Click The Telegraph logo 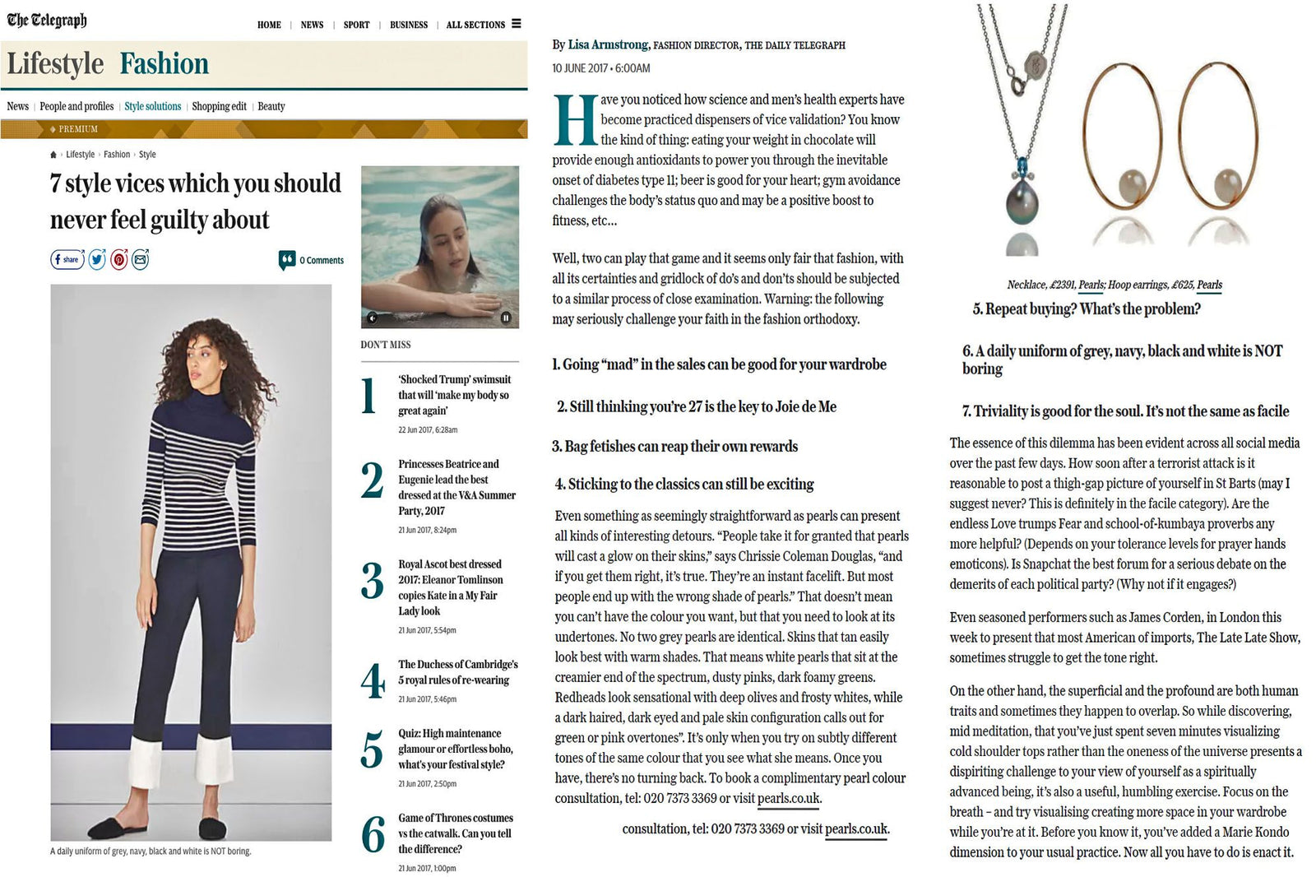point(47,20)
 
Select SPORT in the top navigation point(356,25)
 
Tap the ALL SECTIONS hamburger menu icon point(517,24)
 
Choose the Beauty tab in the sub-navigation point(271,106)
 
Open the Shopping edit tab point(219,106)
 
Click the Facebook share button point(67,260)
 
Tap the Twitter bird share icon point(97,260)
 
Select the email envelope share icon point(141,260)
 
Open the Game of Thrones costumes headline point(455,833)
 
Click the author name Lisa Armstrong point(607,44)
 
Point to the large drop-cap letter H point(575,120)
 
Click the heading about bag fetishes point(674,447)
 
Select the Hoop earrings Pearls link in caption point(1209,285)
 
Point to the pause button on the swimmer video point(505,318)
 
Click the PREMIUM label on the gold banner point(78,129)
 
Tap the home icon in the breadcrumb point(53,155)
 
